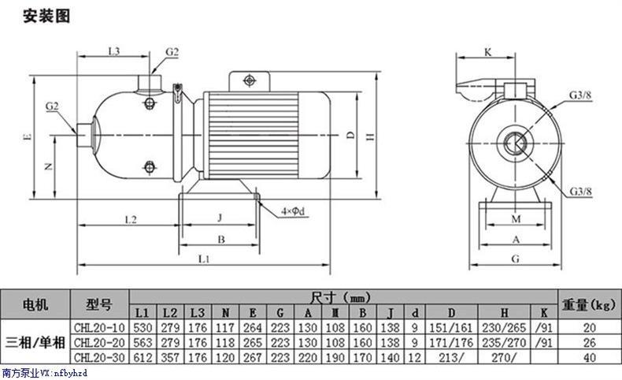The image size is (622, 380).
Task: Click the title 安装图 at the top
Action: coord(46,17)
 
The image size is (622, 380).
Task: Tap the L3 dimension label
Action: coord(114,50)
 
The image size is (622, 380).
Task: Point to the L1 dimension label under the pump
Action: coord(203,259)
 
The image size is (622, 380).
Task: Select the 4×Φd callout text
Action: coord(293,211)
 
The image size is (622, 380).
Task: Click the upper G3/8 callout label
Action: coord(580,95)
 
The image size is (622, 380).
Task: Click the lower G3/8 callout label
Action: coord(580,192)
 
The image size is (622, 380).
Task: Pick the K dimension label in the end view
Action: coord(488,52)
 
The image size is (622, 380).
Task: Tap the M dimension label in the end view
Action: coord(516,219)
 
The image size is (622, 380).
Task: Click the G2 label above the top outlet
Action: coord(172,51)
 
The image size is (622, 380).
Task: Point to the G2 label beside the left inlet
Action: coord(52,106)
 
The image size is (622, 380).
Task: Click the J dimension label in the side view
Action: coord(220,218)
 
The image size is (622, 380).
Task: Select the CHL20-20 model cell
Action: coord(99,342)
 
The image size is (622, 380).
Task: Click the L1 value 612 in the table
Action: coord(143,358)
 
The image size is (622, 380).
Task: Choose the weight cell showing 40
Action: coord(590,358)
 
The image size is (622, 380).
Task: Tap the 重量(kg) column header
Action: coord(589,305)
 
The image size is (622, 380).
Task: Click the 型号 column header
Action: coord(99,304)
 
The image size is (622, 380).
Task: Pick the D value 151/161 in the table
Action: coord(451,328)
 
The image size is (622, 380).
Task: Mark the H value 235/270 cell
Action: coord(504,342)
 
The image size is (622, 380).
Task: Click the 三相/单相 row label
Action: coord(35,342)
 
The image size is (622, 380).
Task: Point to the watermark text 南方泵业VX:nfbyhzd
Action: coord(44,373)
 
